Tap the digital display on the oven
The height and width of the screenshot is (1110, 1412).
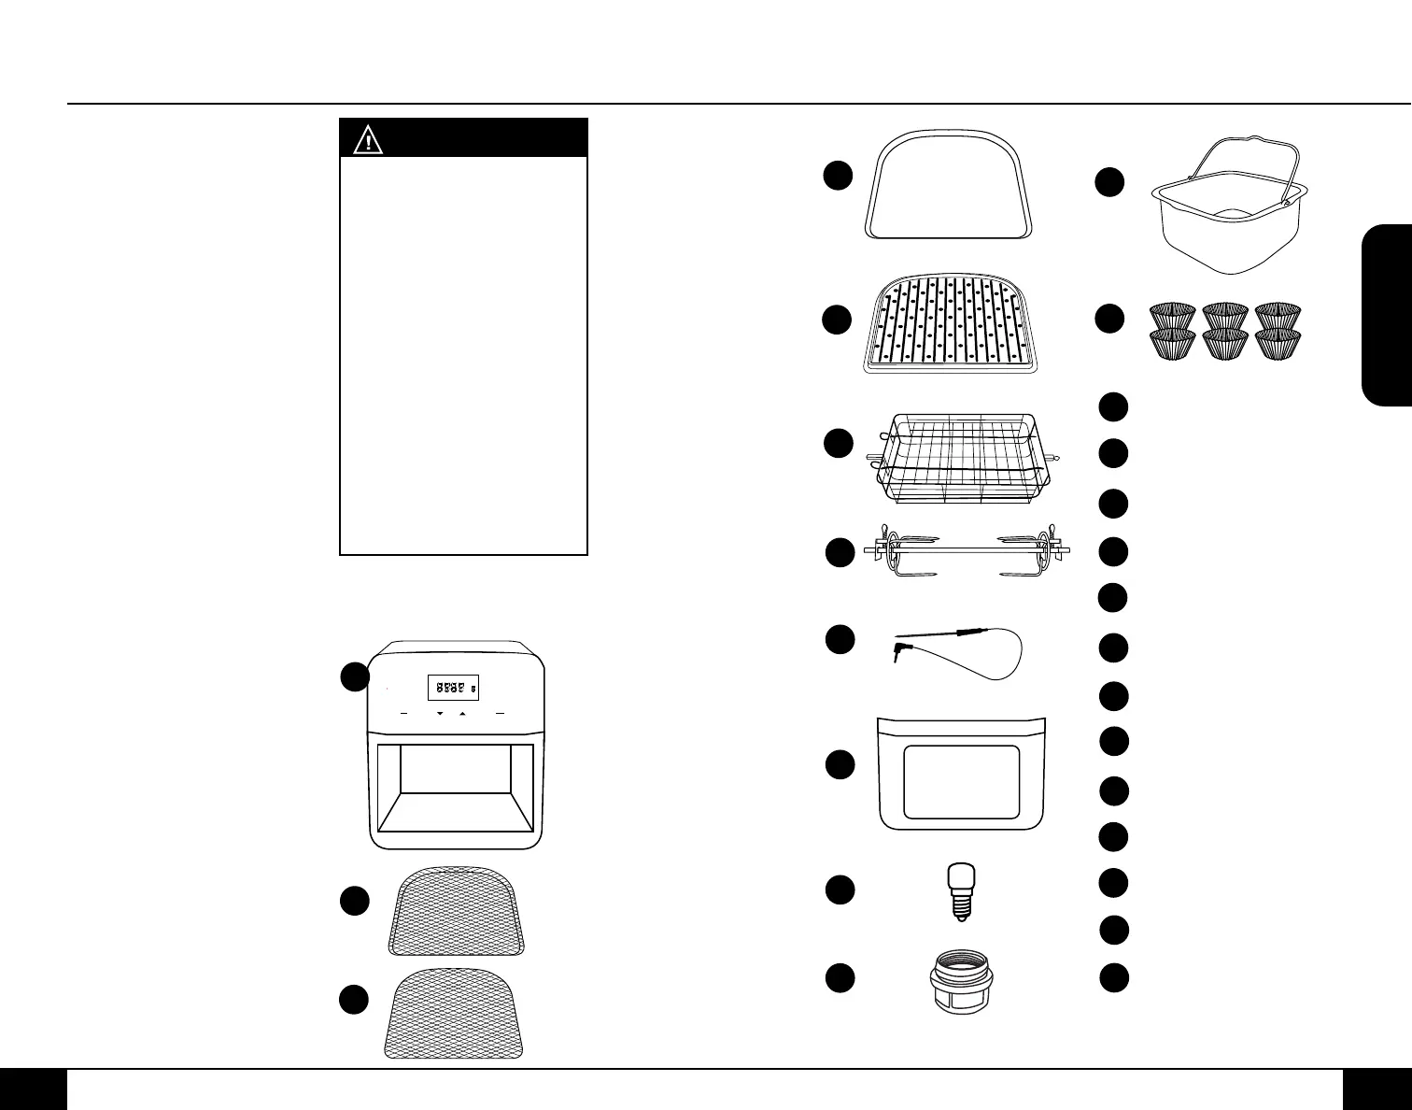coord(454,688)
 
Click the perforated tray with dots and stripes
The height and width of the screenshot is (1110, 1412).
coord(951,326)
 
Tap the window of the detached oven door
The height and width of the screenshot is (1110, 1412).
coord(962,782)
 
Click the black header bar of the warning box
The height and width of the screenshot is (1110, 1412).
coord(486,138)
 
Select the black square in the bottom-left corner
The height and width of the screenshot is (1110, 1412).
coord(34,1089)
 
